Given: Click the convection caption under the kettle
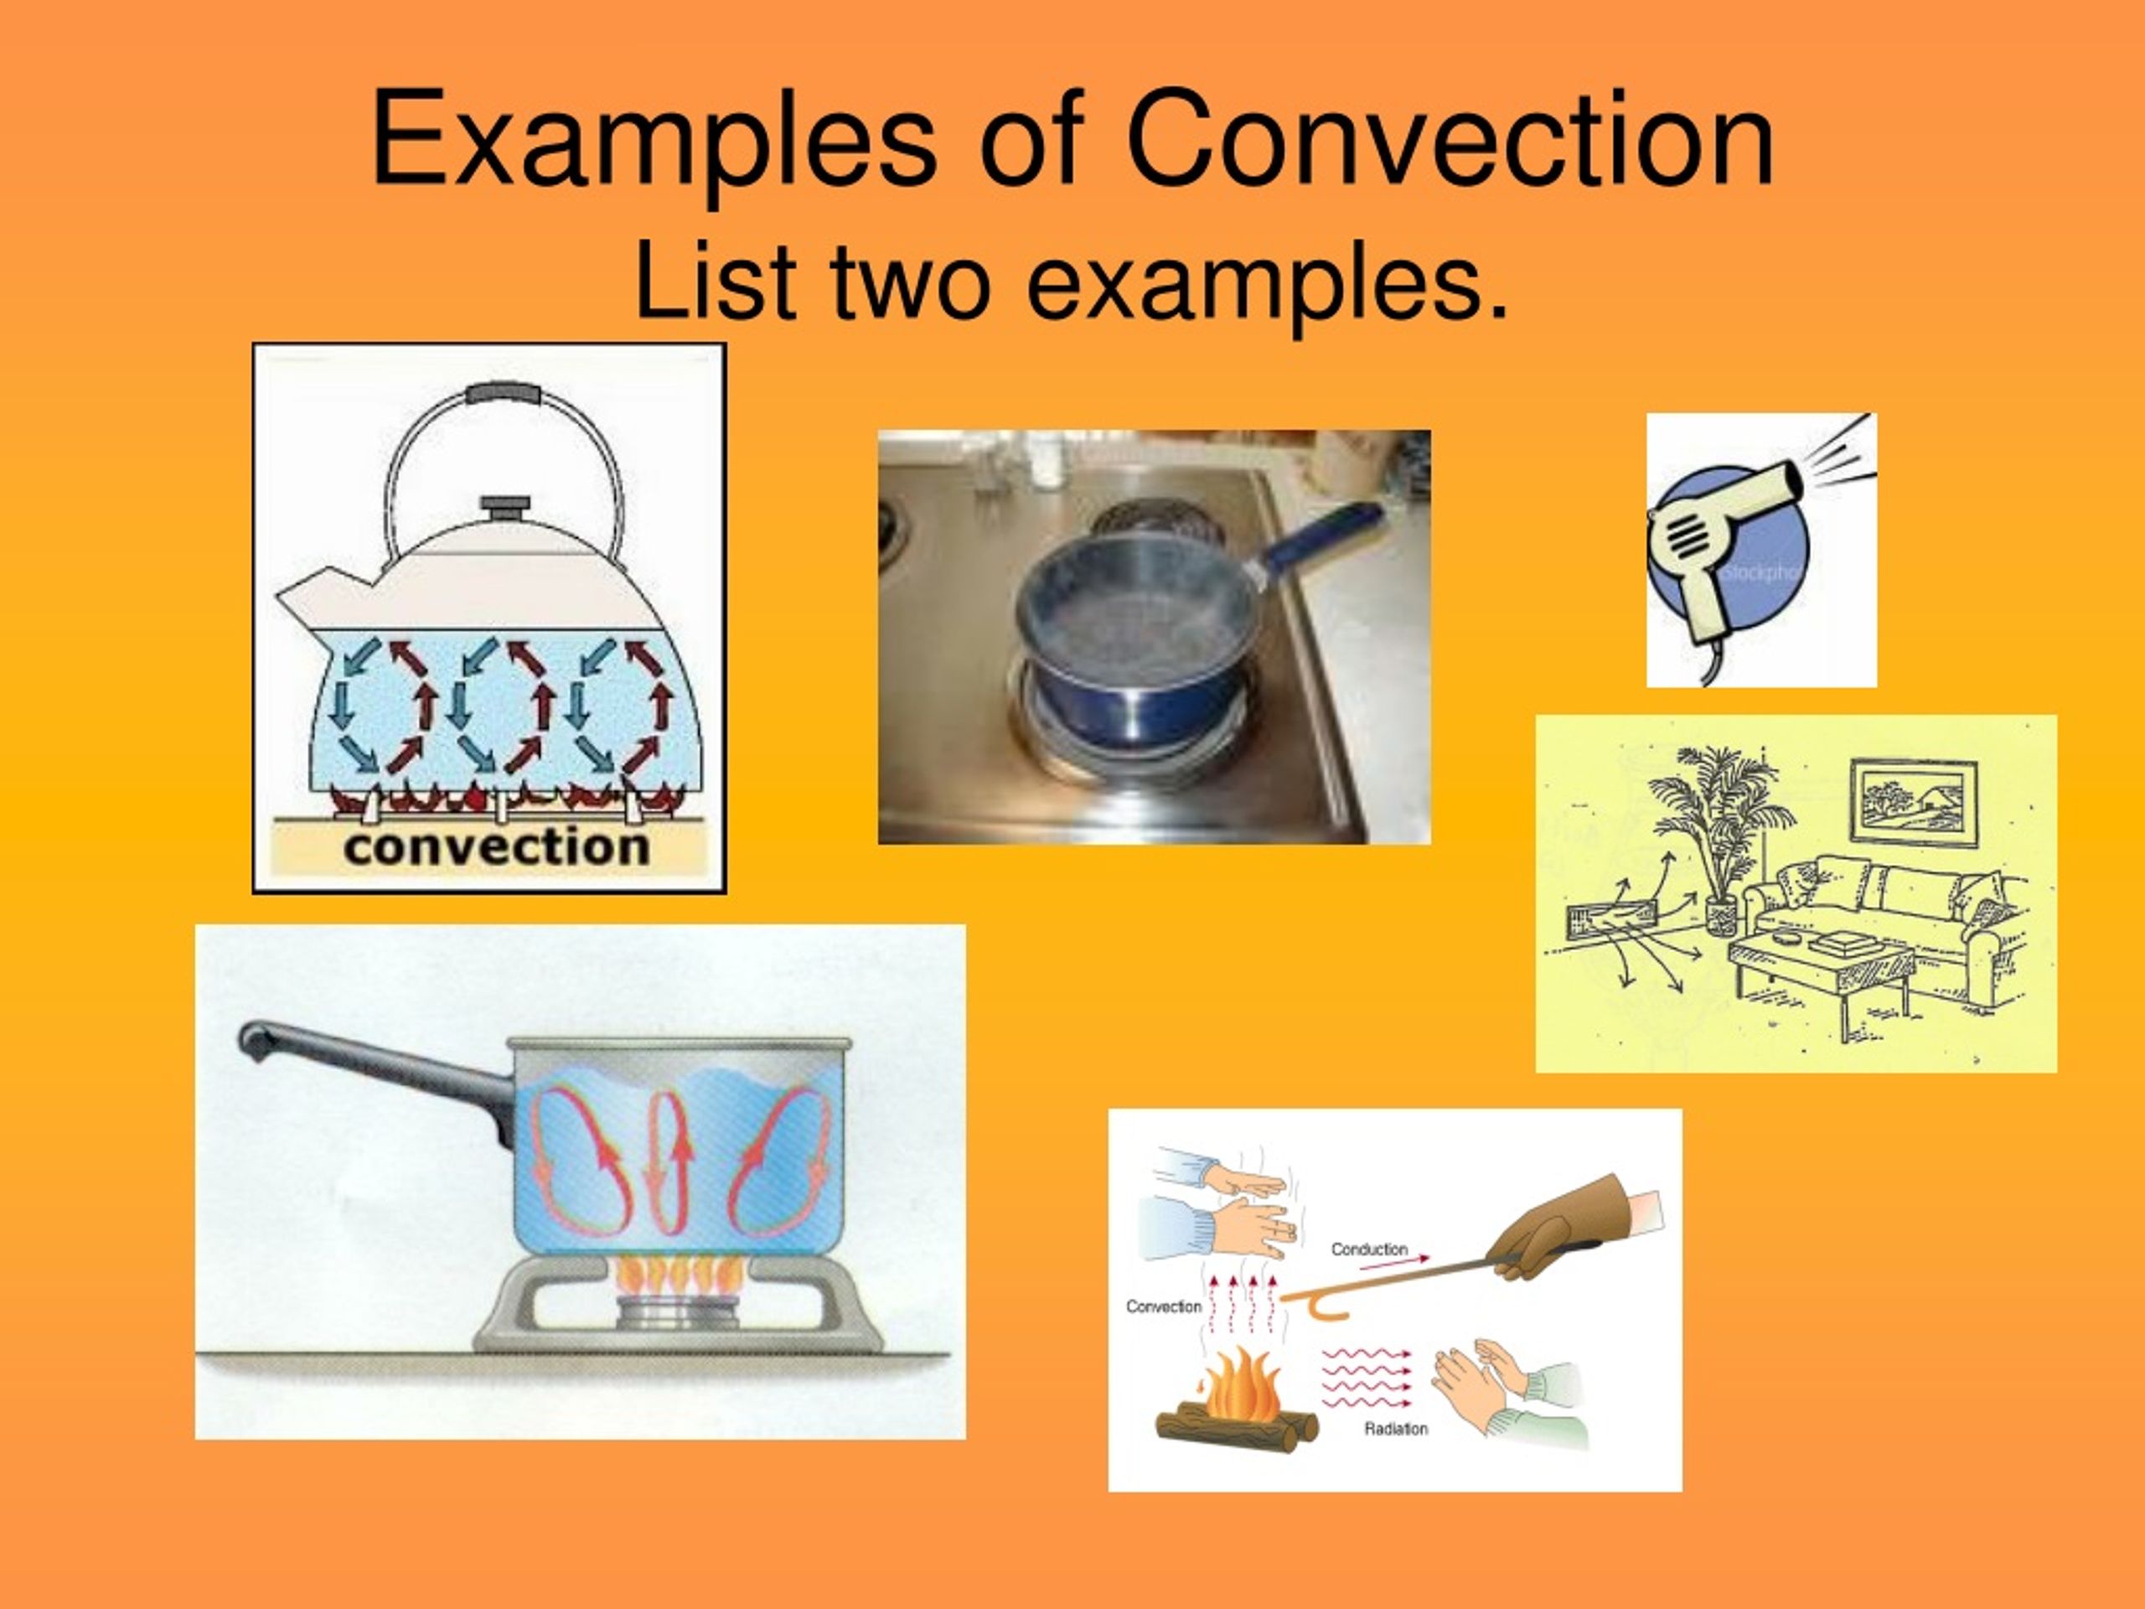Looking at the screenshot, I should click(495, 846).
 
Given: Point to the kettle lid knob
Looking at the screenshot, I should click(507, 508).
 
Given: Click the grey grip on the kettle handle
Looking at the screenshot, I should click(504, 394).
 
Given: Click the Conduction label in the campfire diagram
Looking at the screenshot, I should click(1368, 1249).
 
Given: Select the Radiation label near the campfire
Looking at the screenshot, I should click(1395, 1429).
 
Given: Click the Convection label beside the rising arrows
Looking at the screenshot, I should click(1163, 1306).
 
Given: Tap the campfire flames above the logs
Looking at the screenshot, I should click(1237, 1385).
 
